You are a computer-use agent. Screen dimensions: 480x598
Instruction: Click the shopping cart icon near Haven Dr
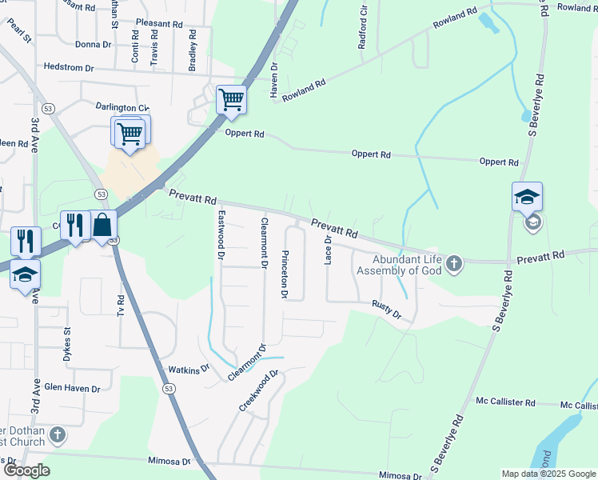click(x=231, y=100)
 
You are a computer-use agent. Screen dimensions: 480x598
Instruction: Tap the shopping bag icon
click(x=102, y=225)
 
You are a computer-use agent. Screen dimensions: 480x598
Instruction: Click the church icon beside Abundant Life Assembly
click(x=454, y=263)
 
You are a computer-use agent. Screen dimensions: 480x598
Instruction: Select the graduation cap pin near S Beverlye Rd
click(x=528, y=197)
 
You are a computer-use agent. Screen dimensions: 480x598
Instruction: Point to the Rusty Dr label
click(x=386, y=309)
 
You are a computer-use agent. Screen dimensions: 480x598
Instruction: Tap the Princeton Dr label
click(x=284, y=274)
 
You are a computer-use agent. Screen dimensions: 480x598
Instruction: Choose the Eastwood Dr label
click(x=221, y=235)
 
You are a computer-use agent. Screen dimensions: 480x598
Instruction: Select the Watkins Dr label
click(x=188, y=369)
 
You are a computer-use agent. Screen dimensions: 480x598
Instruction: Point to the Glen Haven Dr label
click(x=72, y=389)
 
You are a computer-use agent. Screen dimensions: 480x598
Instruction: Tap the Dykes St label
click(x=68, y=341)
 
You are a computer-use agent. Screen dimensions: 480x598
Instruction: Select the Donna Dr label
click(x=94, y=45)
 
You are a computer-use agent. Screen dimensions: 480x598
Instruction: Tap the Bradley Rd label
click(x=192, y=51)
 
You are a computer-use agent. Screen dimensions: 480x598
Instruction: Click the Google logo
click(x=26, y=470)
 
